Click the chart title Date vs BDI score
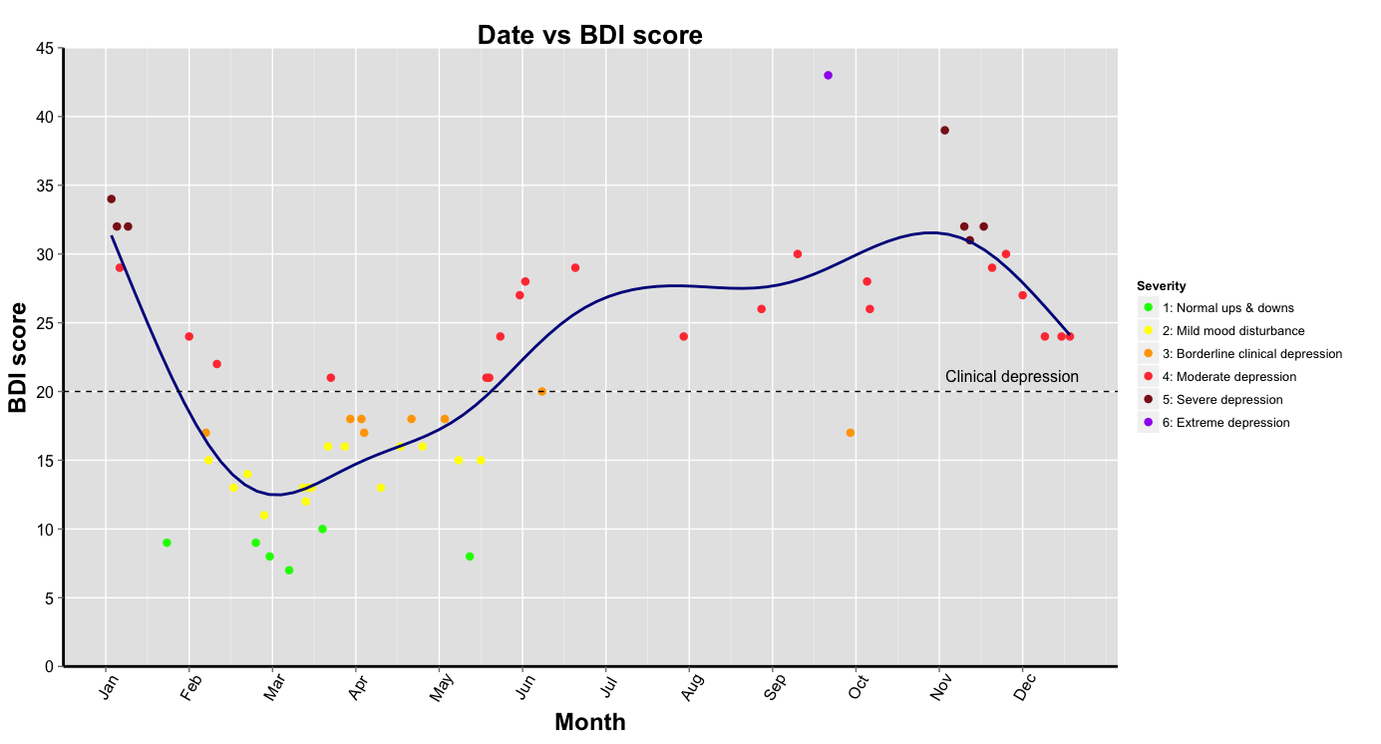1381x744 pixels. point(589,35)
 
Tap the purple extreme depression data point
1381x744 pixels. point(828,76)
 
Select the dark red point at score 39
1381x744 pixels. point(944,131)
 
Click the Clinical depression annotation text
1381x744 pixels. point(1011,377)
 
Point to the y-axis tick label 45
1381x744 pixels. point(45,48)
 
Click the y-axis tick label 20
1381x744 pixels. point(45,392)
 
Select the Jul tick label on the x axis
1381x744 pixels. point(608,687)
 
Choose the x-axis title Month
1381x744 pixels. point(589,723)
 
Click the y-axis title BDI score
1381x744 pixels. point(18,357)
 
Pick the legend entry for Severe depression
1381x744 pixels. point(1228,400)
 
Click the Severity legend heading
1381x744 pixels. point(1161,286)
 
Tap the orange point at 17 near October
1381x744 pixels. point(850,433)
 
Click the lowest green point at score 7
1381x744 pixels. point(289,570)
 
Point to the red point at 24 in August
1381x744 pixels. point(683,337)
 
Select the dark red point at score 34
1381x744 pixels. point(111,199)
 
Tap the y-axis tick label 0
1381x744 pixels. point(49,666)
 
